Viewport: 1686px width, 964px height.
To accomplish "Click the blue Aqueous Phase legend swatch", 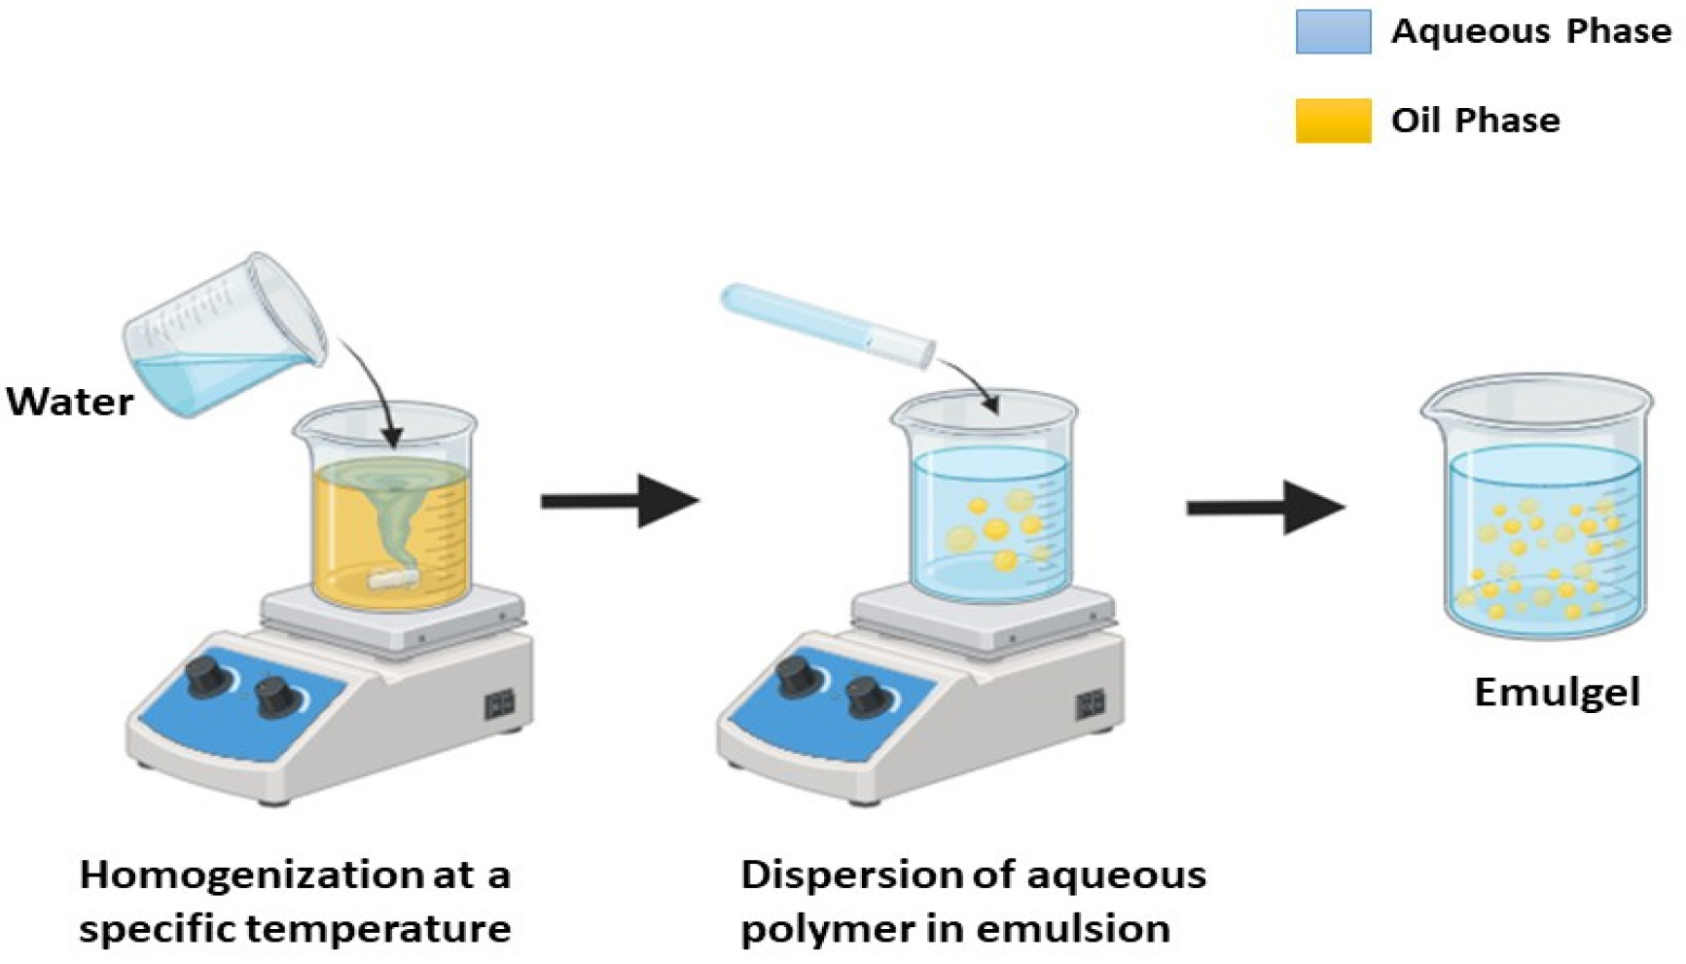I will pyautogui.click(x=1333, y=32).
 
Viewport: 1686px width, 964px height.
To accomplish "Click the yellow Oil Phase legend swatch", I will pyautogui.click(x=1333, y=121).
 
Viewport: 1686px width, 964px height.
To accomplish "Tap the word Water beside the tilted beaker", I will pyautogui.click(x=70, y=402).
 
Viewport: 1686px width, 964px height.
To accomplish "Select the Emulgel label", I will pyautogui.click(x=1557, y=693).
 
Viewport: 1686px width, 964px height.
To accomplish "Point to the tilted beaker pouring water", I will pyautogui.click(x=224, y=336).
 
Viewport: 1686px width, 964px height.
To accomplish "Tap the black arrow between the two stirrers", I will pyautogui.click(x=620, y=501).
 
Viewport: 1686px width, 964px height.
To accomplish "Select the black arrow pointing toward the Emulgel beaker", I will pyautogui.click(x=1265, y=507).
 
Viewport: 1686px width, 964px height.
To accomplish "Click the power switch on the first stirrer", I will pyautogui.click(x=498, y=704).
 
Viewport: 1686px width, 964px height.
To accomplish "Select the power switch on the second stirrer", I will pyautogui.click(x=1090, y=704).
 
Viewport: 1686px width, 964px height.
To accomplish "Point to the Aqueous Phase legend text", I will pyautogui.click(x=1530, y=32).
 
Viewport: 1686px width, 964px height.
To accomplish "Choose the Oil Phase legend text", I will pyautogui.click(x=1475, y=121).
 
